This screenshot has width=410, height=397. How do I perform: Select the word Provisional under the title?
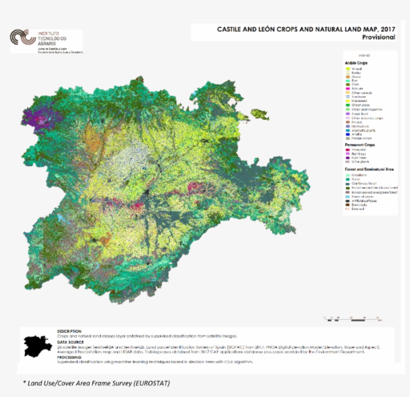pyautogui.click(x=378, y=37)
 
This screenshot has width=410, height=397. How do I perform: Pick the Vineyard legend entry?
pyautogui.click(x=358, y=149)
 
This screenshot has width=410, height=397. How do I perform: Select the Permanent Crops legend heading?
pyautogui.click(x=360, y=144)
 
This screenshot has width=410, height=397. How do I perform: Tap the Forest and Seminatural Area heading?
pyautogui.click(x=369, y=169)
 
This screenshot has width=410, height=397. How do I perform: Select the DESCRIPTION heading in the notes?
pyautogui.click(x=69, y=331)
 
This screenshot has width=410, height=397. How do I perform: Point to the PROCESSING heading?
pyautogui.click(x=69, y=357)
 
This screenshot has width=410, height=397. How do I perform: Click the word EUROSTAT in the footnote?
pyautogui.click(x=152, y=383)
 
